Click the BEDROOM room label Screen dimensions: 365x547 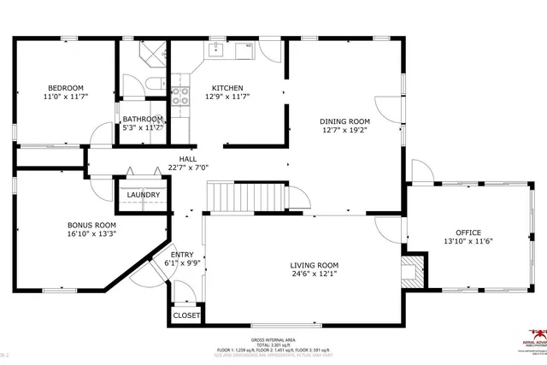pos(65,88)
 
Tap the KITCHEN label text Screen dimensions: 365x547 pos(227,88)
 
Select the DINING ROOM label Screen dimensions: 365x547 pos(345,121)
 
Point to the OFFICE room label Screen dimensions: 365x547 pos(468,233)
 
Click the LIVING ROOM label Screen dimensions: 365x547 pos(314,265)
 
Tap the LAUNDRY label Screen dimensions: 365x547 pos(143,195)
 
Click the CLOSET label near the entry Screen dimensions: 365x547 pos(186,315)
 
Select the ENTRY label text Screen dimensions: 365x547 pos(181,255)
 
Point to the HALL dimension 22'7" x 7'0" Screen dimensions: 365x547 pos(188,168)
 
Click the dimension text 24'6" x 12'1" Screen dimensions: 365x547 pos(314,274)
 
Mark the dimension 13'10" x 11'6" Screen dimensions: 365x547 pos(468,242)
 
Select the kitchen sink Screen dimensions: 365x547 pos(215,50)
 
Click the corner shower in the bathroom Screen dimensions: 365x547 pos(154,53)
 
